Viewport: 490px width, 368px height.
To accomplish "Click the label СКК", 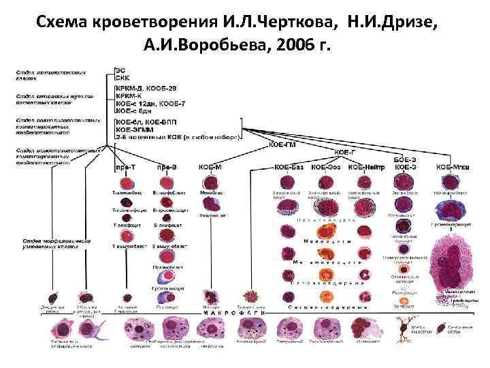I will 122,78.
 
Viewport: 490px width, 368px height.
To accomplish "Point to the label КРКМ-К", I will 129,96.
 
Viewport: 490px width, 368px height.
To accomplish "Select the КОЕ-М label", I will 210,166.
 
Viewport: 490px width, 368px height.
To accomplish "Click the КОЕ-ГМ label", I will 281,144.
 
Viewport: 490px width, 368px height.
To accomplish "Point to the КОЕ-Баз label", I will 289,166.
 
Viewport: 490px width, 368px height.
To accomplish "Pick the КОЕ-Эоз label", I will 326,166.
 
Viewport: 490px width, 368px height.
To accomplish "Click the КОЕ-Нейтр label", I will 365,166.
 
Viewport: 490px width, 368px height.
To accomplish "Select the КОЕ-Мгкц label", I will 450,166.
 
